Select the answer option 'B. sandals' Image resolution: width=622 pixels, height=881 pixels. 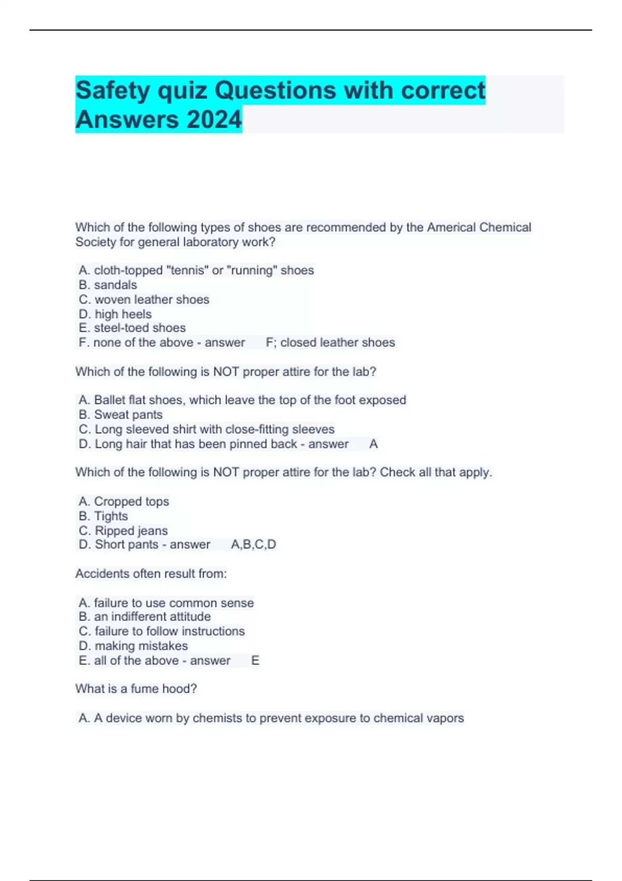[x=108, y=285]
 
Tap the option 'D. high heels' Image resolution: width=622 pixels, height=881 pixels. [x=115, y=314]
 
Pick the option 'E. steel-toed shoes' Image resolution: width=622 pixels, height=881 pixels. [x=132, y=328]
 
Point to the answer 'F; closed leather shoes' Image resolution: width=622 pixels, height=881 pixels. [x=330, y=343]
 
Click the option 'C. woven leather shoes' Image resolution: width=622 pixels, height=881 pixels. [x=144, y=300]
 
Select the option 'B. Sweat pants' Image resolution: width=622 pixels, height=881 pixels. [x=121, y=415]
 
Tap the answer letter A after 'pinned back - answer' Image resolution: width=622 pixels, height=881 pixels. [x=373, y=444]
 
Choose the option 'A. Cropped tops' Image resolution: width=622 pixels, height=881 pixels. [x=124, y=502]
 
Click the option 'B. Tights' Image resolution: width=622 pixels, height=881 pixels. [x=103, y=516]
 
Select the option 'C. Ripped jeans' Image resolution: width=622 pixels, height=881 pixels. [x=123, y=531]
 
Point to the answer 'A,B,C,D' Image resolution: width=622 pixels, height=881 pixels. [x=253, y=545]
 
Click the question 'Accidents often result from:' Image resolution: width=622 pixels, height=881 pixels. [x=151, y=574]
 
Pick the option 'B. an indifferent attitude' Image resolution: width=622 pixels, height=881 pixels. [x=145, y=617]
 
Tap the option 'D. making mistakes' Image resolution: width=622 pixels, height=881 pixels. [x=133, y=646]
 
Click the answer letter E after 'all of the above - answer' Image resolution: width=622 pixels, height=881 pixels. [x=255, y=661]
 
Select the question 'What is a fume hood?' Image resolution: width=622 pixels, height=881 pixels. [x=136, y=689]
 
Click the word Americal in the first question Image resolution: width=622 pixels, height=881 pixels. [x=451, y=228]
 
